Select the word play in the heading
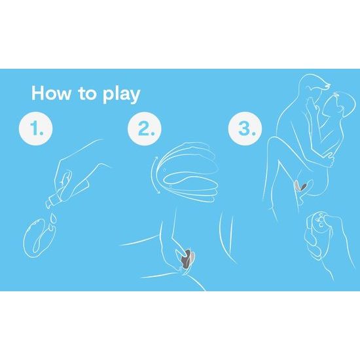[122, 94]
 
